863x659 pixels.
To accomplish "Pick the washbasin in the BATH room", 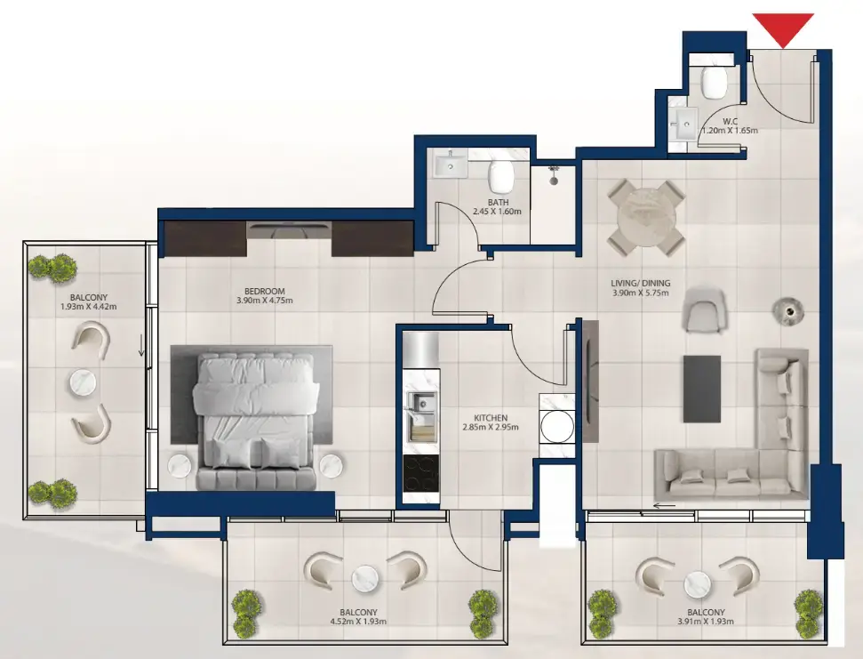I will [451, 165].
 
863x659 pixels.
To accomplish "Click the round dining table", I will [647, 216].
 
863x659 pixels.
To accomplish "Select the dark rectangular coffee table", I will [701, 389].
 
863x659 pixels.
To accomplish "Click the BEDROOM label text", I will [265, 291].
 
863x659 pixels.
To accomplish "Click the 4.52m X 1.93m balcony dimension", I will [358, 623].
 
